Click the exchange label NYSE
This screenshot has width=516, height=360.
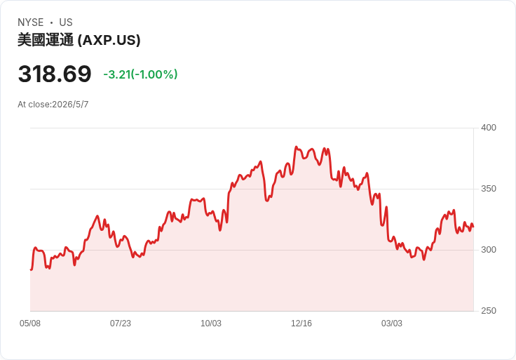[x=31, y=22]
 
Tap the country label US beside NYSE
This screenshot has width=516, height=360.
[x=66, y=22]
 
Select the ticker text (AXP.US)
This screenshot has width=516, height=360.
[x=109, y=40]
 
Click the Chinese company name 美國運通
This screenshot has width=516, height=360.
[x=46, y=40]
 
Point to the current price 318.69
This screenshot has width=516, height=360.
[x=55, y=74]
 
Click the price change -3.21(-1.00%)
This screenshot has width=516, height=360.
[x=140, y=74]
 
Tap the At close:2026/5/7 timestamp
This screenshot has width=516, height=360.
[x=53, y=105]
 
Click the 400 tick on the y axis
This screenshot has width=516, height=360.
[x=489, y=128]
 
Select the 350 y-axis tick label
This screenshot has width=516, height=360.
[x=489, y=189]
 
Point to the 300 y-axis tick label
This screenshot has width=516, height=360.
[x=489, y=250]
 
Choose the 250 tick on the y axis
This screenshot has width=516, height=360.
[x=489, y=311]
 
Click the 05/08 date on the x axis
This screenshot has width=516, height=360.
[x=30, y=324]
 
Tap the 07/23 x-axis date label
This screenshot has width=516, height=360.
[x=121, y=324]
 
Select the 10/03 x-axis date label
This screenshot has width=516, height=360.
[x=211, y=324]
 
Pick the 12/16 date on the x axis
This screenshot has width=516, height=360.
[x=301, y=324]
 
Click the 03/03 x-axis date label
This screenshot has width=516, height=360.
[x=392, y=324]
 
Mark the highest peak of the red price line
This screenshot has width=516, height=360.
[x=296, y=147]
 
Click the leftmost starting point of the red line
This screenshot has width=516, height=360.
[x=31, y=269]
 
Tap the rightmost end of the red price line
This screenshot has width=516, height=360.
[x=473, y=227]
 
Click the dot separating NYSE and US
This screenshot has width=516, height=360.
[x=51, y=22]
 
